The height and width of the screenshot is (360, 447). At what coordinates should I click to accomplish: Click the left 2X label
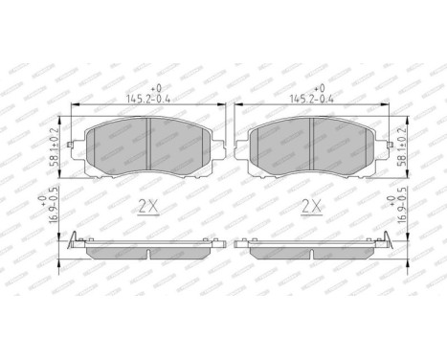(x=148, y=205)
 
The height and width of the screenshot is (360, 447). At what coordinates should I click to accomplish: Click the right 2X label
(x=312, y=205)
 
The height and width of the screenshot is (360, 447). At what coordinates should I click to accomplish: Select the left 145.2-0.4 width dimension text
(x=148, y=97)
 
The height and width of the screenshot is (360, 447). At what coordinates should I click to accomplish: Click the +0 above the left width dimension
(x=148, y=86)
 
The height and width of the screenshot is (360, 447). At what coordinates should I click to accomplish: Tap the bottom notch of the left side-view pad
(x=149, y=255)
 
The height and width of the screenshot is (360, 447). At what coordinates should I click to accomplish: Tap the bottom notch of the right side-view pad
(x=313, y=255)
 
